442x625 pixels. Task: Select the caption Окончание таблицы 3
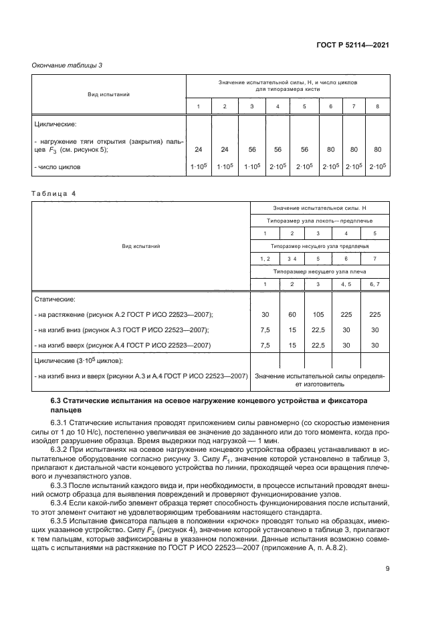point(67,65)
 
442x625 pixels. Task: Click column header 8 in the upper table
point(377,107)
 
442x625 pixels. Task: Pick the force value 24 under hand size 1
point(198,149)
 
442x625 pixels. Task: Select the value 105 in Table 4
point(318,314)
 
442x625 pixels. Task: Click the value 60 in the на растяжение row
point(291,314)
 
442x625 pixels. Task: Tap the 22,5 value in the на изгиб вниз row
point(318,330)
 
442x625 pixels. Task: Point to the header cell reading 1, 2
point(264,258)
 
